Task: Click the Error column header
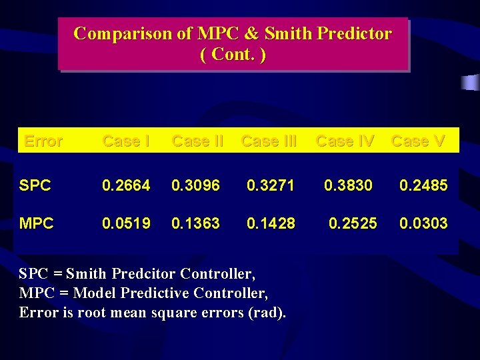pyautogui.click(x=43, y=141)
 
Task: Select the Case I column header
pyautogui.click(x=125, y=141)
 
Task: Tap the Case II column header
pyautogui.click(x=198, y=141)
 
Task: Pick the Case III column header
pyautogui.click(x=269, y=141)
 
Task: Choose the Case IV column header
pyautogui.click(x=345, y=141)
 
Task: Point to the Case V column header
pyautogui.click(x=418, y=141)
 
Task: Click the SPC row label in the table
pyautogui.click(x=35, y=185)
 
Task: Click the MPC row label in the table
pyautogui.click(x=37, y=223)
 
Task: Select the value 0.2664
pyautogui.click(x=125, y=185)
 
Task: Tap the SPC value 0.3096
pyautogui.click(x=195, y=185)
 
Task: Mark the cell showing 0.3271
pyautogui.click(x=271, y=185)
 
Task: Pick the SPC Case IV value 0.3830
pyautogui.click(x=348, y=185)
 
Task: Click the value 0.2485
pyautogui.click(x=423, y=185)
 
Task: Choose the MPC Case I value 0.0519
pyautogui.click(x=125, y=223)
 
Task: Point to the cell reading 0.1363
pyautogui.click(x=195, y=223)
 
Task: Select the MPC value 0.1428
pyautogui.click(x=271, y=223)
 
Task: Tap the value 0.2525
pyautogui.click(x=353, y=223)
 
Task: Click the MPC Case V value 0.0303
pyautogui.click(x=423, y=223)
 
